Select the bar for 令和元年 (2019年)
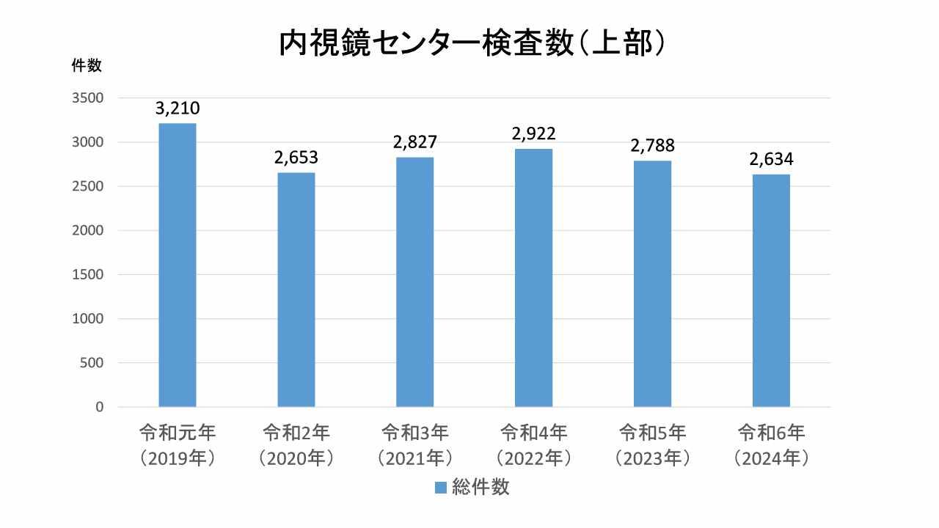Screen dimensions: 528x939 [178, 265]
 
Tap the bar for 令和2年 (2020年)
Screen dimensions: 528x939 [296, 290]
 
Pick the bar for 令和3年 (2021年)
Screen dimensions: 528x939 [415, 282]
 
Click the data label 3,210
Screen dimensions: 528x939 [178, 109]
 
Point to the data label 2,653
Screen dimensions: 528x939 [296, 158]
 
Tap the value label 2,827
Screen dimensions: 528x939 [415, 142]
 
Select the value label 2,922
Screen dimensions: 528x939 [533, 134]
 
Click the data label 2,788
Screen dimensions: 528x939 [652, 145]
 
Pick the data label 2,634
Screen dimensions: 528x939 [771, 159]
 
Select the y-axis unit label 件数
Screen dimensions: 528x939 [86, 65]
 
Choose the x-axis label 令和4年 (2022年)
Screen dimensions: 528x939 [533, 444]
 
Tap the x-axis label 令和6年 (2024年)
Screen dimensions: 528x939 [771, 444]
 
